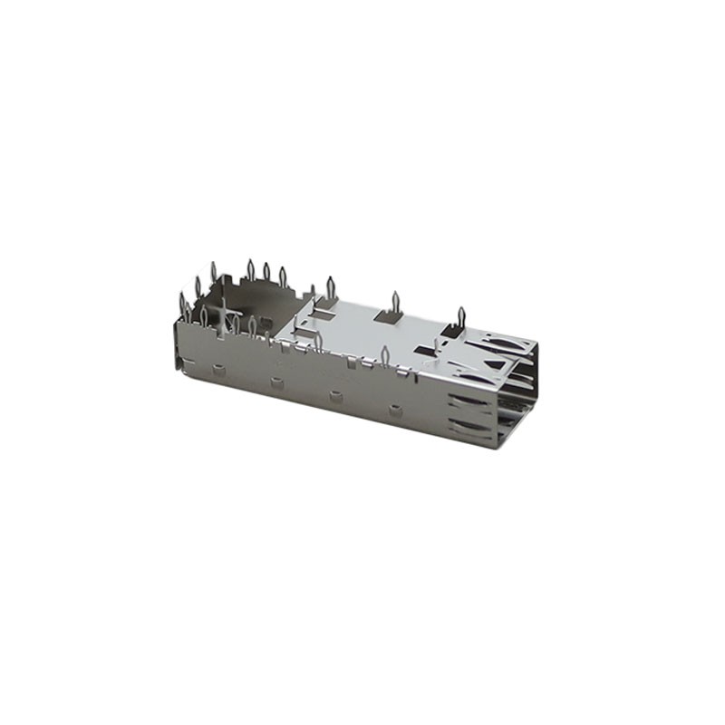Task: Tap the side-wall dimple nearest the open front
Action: point(395,411)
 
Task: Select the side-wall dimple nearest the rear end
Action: point(217,369)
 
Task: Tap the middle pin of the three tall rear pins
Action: point(266,271)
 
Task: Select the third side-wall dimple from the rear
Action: point(335,396)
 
